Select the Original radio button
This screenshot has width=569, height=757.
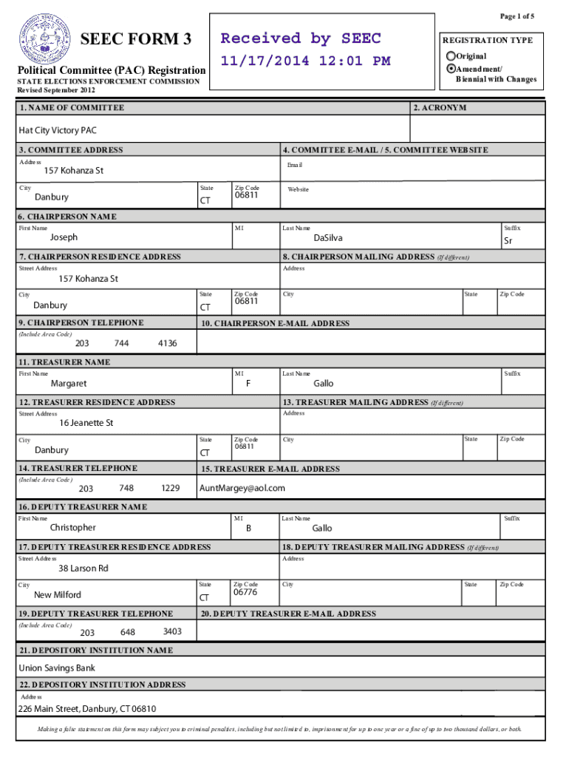pos(451,56)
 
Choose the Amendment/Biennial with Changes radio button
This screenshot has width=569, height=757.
pos(451,68)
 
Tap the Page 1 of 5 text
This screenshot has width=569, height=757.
pos(517,16)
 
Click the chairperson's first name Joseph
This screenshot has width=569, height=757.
pos(64,238)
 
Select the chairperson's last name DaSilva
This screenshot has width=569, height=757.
pos(327,238)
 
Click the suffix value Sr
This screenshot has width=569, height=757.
pos(508,242)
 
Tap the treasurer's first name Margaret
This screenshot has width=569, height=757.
pos(68,384)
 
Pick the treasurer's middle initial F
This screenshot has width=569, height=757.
pos(248,384)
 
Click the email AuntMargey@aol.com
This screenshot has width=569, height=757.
pos(242,488)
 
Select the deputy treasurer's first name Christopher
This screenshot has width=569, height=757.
pos(72,528)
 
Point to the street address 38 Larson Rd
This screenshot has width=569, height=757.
pos(84,568)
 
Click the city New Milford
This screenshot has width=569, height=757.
pos(58,595)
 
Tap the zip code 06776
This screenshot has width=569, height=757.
pos(245,593)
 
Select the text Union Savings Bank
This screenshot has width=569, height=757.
pos(57,668)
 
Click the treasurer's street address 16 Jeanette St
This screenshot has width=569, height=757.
pos(86,424)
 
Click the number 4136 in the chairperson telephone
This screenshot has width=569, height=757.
pos(168,343)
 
